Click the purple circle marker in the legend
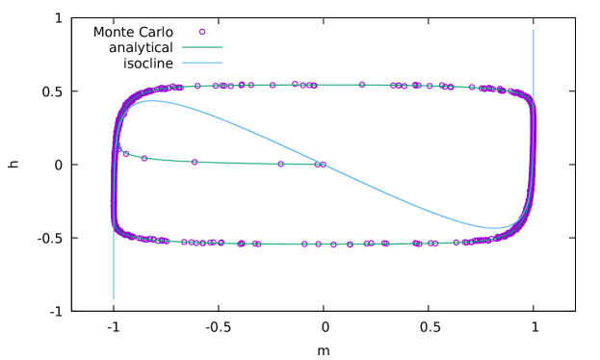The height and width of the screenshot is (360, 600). (x=202, y=32)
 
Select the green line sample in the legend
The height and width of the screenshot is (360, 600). (x=202, y=46)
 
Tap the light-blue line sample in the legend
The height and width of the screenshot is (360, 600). (x=202, y=63)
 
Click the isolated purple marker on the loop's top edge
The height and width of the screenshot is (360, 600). (x=362, y=85)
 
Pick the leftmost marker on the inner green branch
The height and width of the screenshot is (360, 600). (x=125, y=153)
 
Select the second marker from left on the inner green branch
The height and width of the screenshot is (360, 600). (x=144, y=158)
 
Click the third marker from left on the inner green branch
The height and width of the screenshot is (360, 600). (x=195, y=162)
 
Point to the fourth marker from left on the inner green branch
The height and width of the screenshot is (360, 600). (x=280, y=164)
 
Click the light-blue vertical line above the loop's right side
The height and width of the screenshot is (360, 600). (x=533, y=58)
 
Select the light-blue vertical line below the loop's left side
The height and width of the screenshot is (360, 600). (x=114, y=274)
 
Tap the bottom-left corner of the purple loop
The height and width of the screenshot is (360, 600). (x=119, y=231)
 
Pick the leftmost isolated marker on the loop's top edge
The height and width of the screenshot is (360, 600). (x=197, y=86)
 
